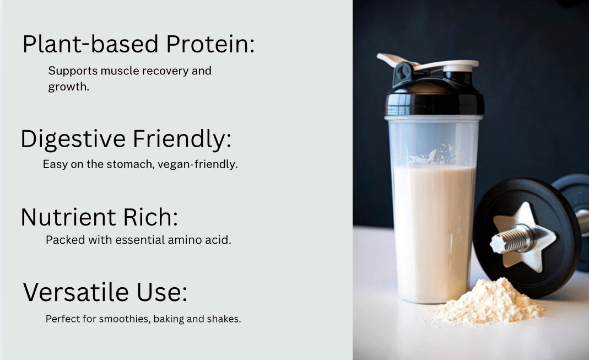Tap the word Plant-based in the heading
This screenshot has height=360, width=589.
click(81, 44)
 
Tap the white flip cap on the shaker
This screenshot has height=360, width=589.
click(435, 63)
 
